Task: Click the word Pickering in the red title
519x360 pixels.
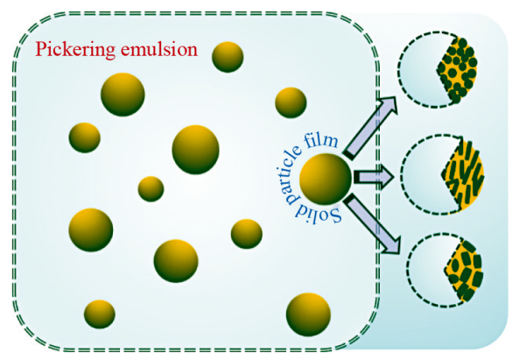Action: click(76, 50)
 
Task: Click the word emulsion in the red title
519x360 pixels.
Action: click(159, 49)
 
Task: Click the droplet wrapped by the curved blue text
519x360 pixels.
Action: click(325, 180)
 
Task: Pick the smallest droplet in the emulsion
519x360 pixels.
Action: click(151, 189)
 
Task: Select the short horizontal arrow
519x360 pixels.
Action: click(374, 178)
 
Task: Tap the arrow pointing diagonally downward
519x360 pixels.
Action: click(371, 226)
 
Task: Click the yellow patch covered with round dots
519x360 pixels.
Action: click(457, 70)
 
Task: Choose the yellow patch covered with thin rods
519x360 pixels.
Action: click(463, 175)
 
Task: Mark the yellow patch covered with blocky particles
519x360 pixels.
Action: click(464, 271)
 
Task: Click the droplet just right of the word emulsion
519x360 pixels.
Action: click(228, 57)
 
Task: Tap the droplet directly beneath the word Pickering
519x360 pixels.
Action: click(123, 95)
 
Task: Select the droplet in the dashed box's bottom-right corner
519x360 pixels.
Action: click(308, 314)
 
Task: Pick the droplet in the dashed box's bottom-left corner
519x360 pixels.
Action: click(100, 314)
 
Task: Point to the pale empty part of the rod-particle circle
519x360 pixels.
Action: click(424, 175)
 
